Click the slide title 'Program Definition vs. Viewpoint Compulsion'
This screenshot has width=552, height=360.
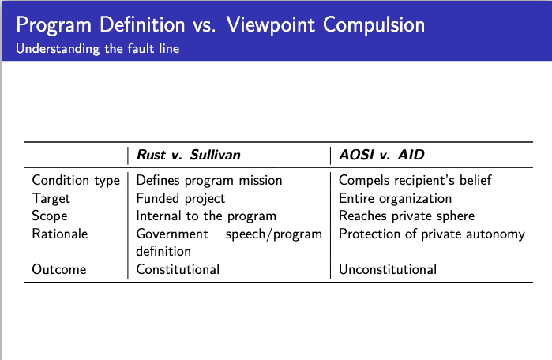coord(220,25)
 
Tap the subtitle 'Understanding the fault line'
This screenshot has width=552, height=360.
coord(97,49)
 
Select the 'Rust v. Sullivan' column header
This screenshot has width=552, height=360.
coord(189,155)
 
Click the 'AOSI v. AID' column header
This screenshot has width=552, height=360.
coord(381,155)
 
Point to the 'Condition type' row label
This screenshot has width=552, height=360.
coord(76,181)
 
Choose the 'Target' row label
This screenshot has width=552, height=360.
coord(51,199)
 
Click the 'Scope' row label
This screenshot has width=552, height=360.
coord(50,216)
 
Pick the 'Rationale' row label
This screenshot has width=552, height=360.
coord(60,234)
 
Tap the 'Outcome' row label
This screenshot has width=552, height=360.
coord(59,269)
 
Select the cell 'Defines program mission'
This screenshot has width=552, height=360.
coord(209,181)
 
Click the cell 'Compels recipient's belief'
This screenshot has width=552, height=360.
coord(415,181)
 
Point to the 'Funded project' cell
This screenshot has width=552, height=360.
coord(181,199)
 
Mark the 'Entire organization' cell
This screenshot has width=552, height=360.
coord(396,199)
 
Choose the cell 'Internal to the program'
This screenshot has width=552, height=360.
coord(206,216)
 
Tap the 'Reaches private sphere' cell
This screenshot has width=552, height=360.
coord(407,216)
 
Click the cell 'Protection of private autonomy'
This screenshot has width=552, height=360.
coord(432,234)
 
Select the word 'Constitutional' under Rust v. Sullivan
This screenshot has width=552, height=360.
coord(178,269)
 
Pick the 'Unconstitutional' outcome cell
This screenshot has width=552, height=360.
coord(388,269)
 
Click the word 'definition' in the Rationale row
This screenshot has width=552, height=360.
coord(163,252)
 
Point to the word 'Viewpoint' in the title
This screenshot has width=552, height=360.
coord(271,25)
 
